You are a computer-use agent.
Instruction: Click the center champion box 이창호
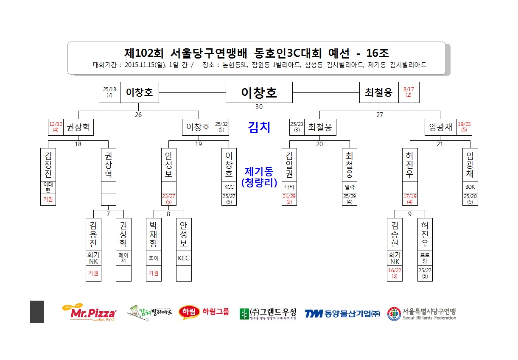(x=259, y=92)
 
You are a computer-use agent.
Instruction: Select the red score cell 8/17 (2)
(x=409, y=92)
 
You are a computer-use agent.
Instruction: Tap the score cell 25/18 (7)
(x=109, y=92)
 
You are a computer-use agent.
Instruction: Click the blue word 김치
(x=259, y=127)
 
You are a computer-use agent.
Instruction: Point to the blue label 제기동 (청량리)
(x=259, y=177)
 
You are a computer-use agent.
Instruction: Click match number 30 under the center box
(x=259, y=107)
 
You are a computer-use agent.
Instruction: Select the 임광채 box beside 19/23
(x=441, y=127)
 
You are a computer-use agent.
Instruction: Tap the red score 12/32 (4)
(x=56, y=127)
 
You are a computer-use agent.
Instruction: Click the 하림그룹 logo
(x=204, y=313)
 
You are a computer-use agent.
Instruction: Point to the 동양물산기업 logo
(x=342, y=314)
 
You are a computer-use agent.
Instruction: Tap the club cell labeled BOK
(x=470, y=187)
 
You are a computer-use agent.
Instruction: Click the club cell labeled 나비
(x=289, y=187)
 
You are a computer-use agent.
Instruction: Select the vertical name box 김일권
(x=289, y=165)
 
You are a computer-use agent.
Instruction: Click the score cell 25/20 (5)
(x=470, y=199)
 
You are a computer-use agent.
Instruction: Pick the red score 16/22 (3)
(x=395, y=273)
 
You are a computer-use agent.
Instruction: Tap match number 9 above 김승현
(x=410, y=214)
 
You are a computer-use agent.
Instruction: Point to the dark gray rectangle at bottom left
(x=37, y=312)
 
